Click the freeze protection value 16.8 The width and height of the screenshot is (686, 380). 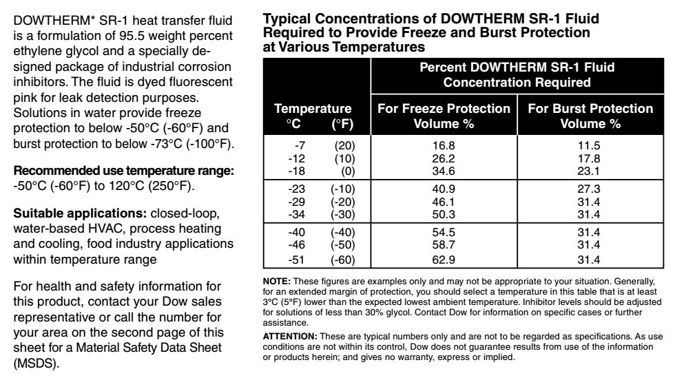[444, 145]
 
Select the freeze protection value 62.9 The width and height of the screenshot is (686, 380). [444, 260]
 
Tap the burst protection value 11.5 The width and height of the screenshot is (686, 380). [590, 145]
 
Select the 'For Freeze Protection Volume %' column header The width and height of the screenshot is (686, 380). [444, 116]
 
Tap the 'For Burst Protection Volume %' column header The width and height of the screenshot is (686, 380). [590, 116]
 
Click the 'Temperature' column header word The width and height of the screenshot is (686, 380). [313, 109]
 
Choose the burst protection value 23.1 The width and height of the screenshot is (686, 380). [590, 169]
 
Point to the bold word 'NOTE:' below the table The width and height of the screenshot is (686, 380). [278, 281]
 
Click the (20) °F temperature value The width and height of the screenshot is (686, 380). [342, 145]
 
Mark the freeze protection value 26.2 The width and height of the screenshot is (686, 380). [444, 158]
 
